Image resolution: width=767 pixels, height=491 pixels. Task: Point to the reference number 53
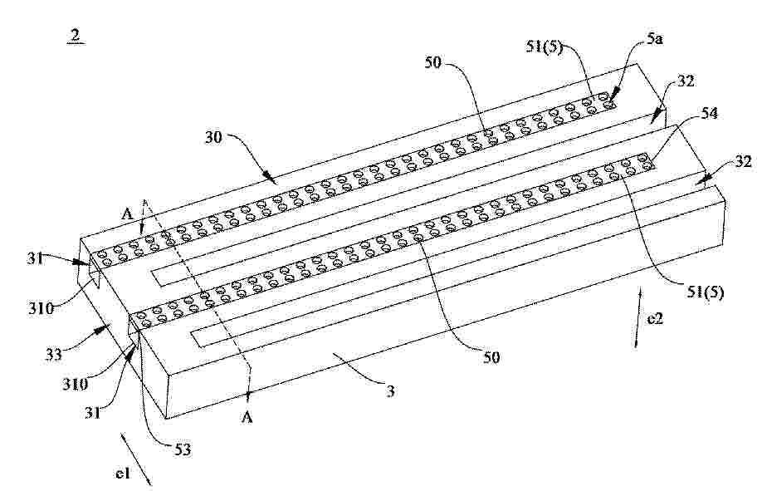[183, 449]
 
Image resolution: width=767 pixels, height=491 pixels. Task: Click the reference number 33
[55, 354]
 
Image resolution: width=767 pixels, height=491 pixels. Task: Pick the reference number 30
[214, 138]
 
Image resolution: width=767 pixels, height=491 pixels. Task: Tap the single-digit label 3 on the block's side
[390, 391]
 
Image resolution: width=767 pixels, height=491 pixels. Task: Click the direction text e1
[122, 474]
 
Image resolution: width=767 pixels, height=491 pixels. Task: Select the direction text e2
[655, 319]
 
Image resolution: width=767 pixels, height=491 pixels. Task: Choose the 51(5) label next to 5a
[545, 47]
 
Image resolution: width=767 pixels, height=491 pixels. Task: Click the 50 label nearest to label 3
[491, 357]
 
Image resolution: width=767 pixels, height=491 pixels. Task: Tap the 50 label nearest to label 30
[433, 62]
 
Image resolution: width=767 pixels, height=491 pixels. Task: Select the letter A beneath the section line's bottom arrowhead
[248, 418]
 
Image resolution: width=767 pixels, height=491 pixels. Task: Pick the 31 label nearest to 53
[92, 414]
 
